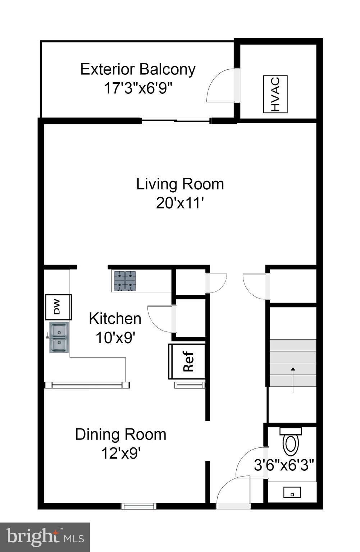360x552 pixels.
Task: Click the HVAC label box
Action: click(275, 94)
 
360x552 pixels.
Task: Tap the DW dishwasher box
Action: click(58, 307)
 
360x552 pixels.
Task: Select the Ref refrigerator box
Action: click(187, 362)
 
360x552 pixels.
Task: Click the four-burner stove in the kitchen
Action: click(125, 281)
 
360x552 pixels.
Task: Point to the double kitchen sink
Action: click(59, 337)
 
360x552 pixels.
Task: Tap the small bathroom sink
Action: click(292, 492)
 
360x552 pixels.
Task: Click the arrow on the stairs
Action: click(293, 379)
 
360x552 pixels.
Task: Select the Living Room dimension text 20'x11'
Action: click(180, 203)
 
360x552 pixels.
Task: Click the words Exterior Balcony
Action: click(138, 69)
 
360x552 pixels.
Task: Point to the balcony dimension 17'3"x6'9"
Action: click(138, 88)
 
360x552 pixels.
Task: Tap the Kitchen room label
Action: click(115, 318)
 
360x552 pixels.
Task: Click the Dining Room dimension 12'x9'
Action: click(120, 453)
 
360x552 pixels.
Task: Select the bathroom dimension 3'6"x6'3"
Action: click(284, 465)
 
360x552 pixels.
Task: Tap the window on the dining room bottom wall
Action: click(138, 506)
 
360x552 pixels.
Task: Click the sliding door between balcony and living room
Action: click(175, 122)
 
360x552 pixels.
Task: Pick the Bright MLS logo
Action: click(45, 537)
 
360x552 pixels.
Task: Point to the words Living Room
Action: click(180, 184)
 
